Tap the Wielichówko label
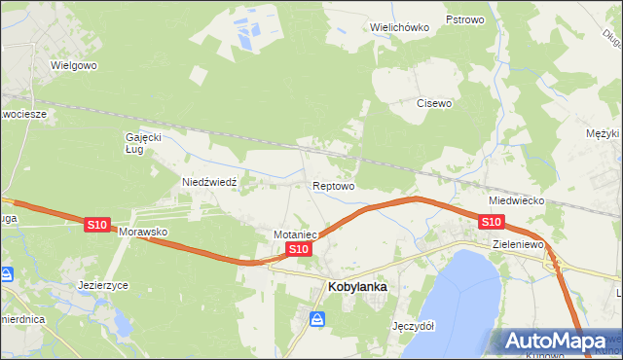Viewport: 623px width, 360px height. click(399, 27)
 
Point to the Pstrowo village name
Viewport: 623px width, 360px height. click(464, 19)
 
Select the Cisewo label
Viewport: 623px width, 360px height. click(434, 102)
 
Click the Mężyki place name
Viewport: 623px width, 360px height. click(604, 133)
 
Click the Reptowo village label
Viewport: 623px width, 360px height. click(333, 185)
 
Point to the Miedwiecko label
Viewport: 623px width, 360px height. click(516, 199)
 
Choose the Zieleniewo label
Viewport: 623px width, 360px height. click(517, 245)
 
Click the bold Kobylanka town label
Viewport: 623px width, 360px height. click(358, 287)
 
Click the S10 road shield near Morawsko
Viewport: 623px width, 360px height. click(96, 225)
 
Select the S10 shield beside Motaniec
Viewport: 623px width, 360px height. click(299, 250)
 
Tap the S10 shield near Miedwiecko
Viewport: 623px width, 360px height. click(491, 223)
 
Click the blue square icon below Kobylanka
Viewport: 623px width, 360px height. click(317, 318)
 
